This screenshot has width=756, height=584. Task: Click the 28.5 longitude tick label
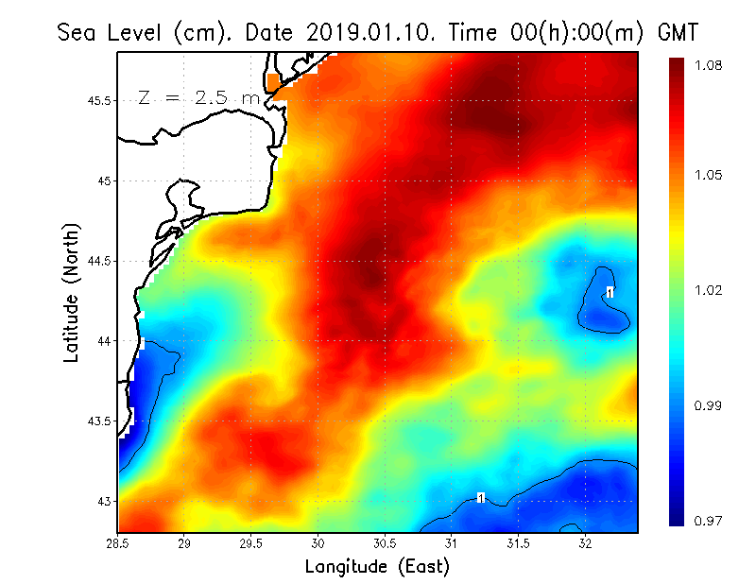tap(118, 543)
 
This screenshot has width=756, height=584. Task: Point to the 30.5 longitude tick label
tap(385, 543)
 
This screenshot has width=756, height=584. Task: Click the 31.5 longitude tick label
tap(518, 543)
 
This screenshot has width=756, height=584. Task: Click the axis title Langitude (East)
tap(376, 567)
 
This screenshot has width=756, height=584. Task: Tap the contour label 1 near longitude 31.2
tap(481, 498)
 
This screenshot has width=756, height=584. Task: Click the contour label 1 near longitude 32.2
tap(610, 292)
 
